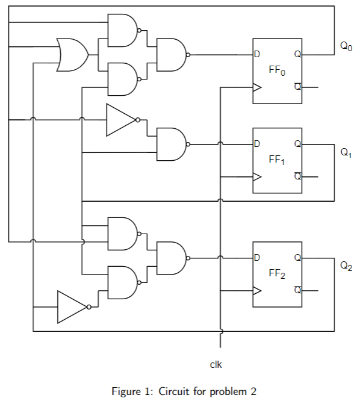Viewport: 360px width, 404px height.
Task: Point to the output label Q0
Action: (x=346, y=46)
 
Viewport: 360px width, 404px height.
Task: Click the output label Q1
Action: (x=346, y=153)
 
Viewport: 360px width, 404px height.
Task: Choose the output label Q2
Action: (x=346, y=265)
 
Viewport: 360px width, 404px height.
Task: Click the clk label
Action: (x=216, y=364)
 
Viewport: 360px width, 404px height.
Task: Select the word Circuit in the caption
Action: (x=173, y=392)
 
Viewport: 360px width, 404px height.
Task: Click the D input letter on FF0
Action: (x=257, y=55)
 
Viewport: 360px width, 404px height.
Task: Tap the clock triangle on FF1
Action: (x=257, y=177)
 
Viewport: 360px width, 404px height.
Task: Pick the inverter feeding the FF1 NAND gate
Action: (x=122, y=120)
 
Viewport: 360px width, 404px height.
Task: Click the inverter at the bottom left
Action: (x=73, y=306)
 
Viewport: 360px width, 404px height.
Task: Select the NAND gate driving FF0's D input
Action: (x=171, y=55)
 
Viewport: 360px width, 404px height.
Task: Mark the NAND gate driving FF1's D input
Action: (x=171, y=145)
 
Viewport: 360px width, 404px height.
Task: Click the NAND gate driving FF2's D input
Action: (x=171, y=258)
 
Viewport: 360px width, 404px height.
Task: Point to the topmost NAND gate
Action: (x=122, y=30)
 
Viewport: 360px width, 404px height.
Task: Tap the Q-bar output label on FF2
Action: (x=297, y=290)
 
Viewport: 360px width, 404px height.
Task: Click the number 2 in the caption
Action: (x=253, y=392)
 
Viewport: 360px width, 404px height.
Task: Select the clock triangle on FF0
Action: (x=257, y=87)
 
